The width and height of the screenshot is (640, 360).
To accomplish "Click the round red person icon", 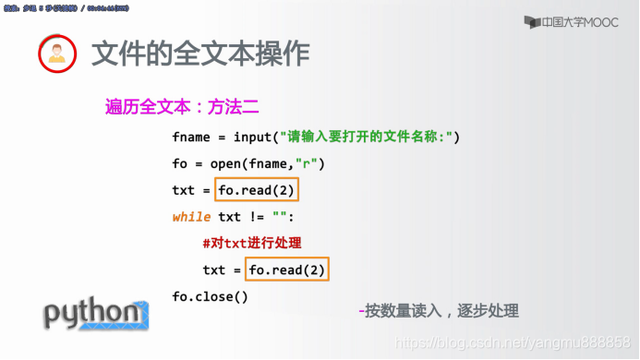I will point(56,55).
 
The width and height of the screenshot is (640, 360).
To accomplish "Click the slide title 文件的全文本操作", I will point(200,54).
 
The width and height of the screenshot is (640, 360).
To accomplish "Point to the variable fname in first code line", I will point(191,138).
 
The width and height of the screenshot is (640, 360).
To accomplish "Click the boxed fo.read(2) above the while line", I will point(258,191).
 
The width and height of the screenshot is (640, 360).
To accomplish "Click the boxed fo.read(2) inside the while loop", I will point(287,270).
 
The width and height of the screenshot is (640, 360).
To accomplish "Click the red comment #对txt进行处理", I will point(252,244).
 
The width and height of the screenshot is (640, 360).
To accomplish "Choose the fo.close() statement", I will point(210,296).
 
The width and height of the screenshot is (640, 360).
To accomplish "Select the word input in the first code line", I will point(252,138).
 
